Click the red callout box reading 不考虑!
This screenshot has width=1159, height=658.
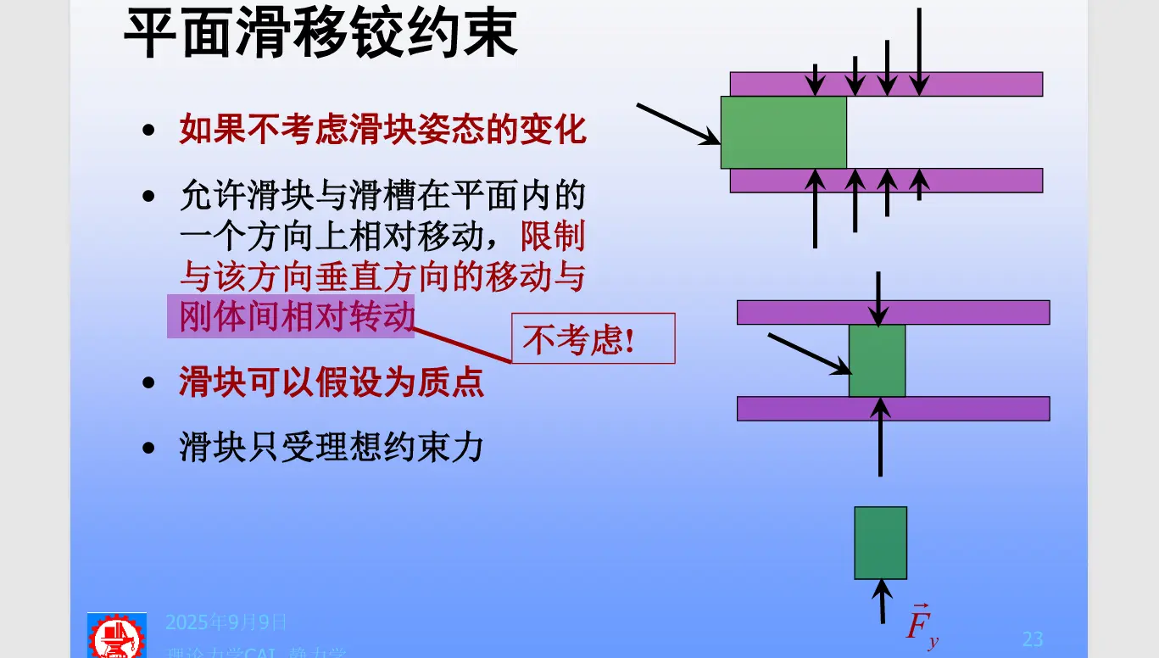point(593,339)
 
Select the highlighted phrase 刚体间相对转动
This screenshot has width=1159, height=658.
point(291,316)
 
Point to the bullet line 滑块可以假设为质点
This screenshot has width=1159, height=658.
point(331,383)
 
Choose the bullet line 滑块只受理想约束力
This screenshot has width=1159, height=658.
point(331,447)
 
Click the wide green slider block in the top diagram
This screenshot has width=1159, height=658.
point(783,132)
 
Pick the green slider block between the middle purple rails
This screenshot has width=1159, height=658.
point(878,360)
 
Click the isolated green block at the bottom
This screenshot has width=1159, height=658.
point(880,543)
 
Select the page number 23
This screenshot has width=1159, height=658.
point(1032,638)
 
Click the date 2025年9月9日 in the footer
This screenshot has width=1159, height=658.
point(226,623)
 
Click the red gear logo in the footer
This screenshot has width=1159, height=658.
point(117,636)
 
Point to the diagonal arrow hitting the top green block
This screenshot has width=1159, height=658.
point(677,124)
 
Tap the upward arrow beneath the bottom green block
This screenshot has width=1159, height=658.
point(883,600)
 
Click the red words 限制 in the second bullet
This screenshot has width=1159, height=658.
point(553,237)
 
